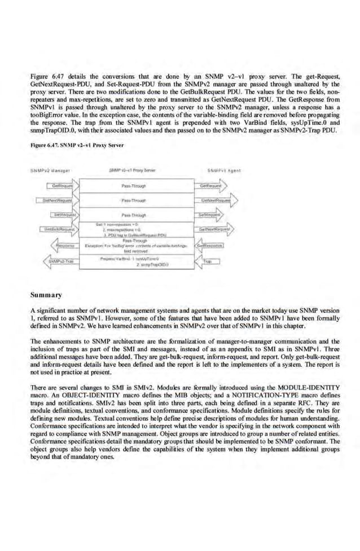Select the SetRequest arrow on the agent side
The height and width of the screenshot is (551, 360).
(x=211, y=215)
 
